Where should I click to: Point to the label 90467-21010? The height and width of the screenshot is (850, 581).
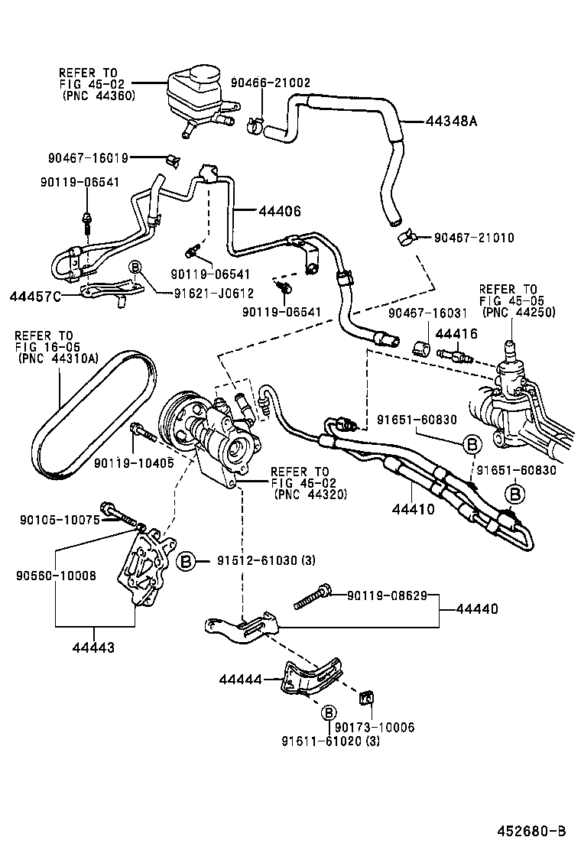pyautogui.click(x=473, y=238)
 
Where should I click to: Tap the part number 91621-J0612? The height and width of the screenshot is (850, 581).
pyautogui.click(x=209, y=292)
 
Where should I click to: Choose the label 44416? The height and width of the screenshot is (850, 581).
pyautogui.click(x=456, y=333)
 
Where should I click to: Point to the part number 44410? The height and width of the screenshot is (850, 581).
pyautogui.click(x=415, y=508)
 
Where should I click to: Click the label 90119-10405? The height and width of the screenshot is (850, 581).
pyautogui.click(x=133, y=462)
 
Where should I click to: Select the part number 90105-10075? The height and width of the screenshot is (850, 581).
pyautogui.click(x=58, y=520)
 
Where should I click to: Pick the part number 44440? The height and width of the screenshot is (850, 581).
pyautogui.click(x=477, y=609)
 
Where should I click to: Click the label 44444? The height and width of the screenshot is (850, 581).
pyautogui.click(x=240, y=679)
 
